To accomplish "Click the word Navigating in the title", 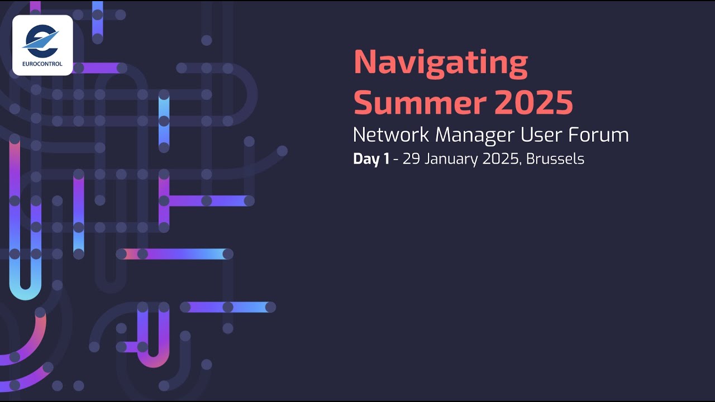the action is pyautogui.click(x=441, y=64).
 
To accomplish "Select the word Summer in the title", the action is pyautogui.click(x=420, y=102).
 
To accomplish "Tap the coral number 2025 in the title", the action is pyautogui.click(x=533, y=102).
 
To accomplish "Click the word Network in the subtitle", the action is pyautogui.click(x=391, y=135).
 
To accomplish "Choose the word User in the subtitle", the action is pyautogui.click(x=540, y=135).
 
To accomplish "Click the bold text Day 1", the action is pyautogui.click(x=371, y=159).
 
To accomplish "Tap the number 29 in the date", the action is pyautogui.click(x=411, y=159).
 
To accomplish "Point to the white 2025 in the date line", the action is pyautogui.click(x=500, y=159).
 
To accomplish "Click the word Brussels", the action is pyautogui.click(x=555, y=159).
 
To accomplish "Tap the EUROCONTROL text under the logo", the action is pyautogui.click(x=42, y=64).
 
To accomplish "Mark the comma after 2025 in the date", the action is pyautogui.click(x=520, y=164).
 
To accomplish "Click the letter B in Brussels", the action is pyautogui.click(x=531, y=159).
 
